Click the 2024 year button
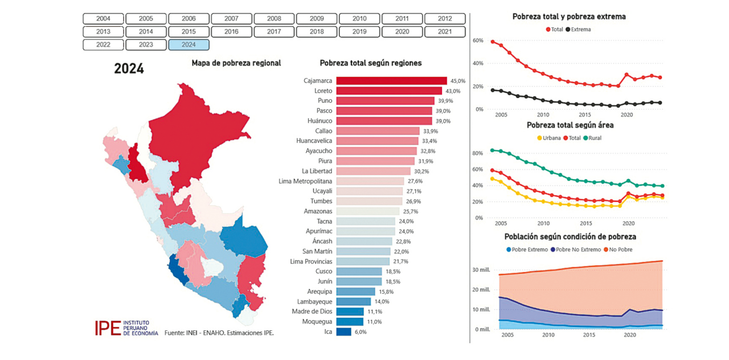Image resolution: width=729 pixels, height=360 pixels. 189,44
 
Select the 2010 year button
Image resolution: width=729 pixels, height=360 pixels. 359,19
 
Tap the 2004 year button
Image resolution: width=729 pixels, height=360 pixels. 103,19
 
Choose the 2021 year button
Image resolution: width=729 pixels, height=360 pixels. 445,32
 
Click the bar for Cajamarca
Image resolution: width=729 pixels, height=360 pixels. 391,81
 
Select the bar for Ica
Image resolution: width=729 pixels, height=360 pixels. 343,332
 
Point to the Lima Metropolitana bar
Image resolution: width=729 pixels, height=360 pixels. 370,181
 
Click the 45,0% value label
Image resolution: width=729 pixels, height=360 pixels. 458,81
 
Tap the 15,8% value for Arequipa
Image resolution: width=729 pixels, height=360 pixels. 386,292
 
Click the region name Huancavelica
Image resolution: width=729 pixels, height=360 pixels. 314,141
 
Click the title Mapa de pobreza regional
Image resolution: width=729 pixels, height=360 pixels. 236,63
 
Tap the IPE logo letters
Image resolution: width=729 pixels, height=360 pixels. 108,328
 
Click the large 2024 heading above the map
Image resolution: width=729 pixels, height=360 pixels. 129,69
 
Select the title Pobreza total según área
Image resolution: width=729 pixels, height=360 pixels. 570,125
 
